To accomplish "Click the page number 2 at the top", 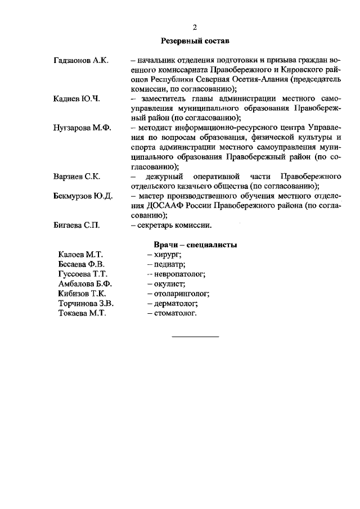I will [195, 28].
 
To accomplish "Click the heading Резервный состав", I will [195, 40].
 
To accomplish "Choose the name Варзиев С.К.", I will [77, 177].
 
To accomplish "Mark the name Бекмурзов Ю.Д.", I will [84, 196].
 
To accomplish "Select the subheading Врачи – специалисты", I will [195, 245].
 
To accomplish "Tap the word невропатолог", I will [175, 274].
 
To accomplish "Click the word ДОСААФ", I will [150, 206].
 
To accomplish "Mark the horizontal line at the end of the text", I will [195, 336].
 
